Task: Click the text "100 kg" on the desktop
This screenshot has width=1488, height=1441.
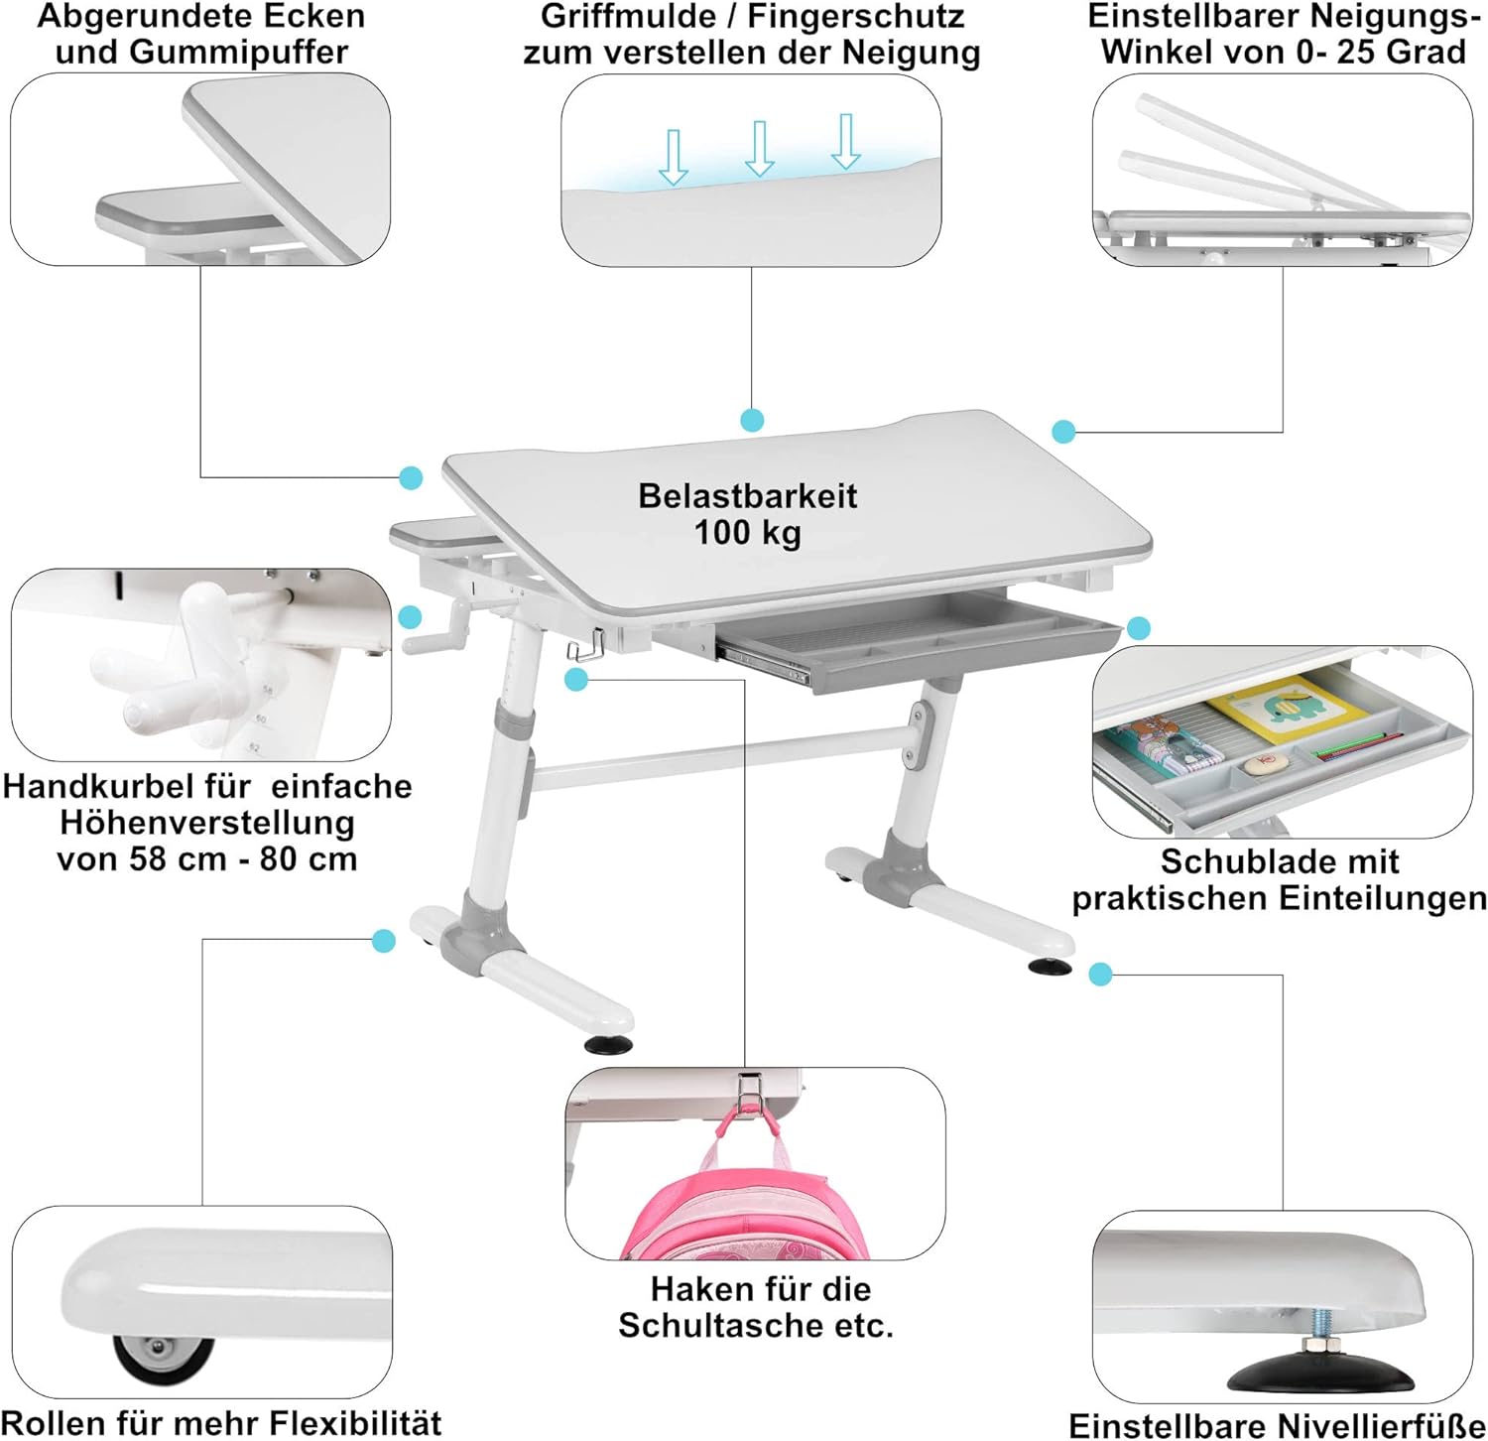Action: [x=747, y=533]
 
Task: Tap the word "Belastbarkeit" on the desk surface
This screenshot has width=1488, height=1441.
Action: [x=747, y=495]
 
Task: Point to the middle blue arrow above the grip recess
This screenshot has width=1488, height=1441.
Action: [x=759, y=149]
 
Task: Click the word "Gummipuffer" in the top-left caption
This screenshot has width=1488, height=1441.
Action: [x=201, y=52]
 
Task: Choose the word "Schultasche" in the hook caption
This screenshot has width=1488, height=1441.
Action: [x=721, y=1325]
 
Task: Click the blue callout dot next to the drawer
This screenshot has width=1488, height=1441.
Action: [x=1139, y=628]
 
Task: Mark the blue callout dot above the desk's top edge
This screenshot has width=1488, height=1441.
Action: [x=752, y=420]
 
